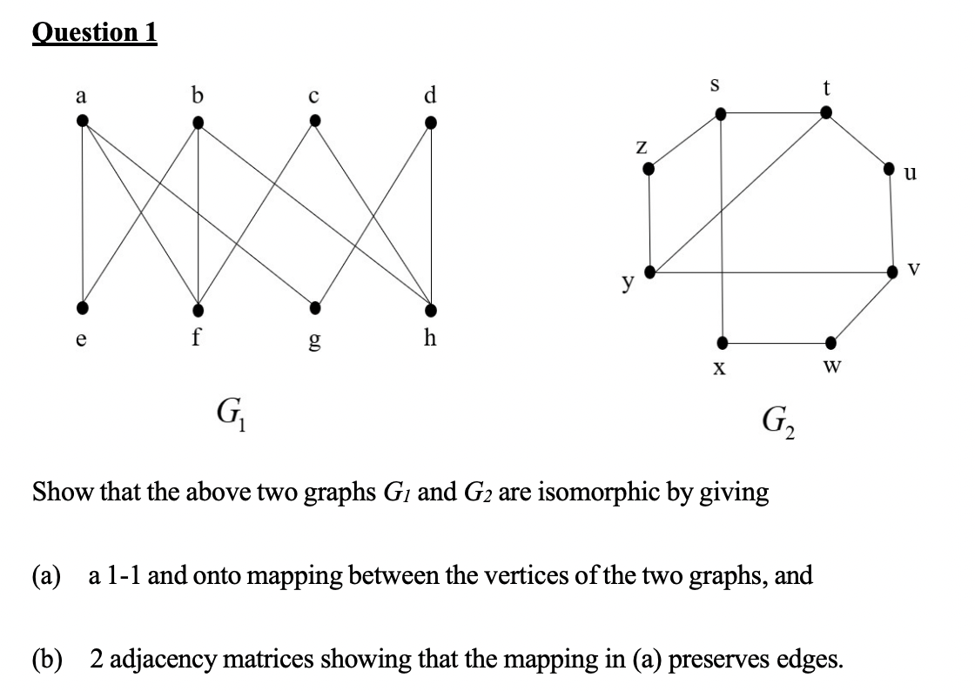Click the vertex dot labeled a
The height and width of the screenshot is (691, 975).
[x=83, y=121]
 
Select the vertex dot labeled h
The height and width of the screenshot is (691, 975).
[x=430, y=309]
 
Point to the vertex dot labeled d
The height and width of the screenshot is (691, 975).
[x=430, y=123]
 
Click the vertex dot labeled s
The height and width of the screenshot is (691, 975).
[x=720, y=113]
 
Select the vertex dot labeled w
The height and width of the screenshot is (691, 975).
[x=830, y=341]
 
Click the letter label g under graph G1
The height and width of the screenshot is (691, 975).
[x=314, y=339]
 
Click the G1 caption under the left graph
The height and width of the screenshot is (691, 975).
[x=231, y=408]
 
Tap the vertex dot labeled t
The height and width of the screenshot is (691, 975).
[x=826, y=111]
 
